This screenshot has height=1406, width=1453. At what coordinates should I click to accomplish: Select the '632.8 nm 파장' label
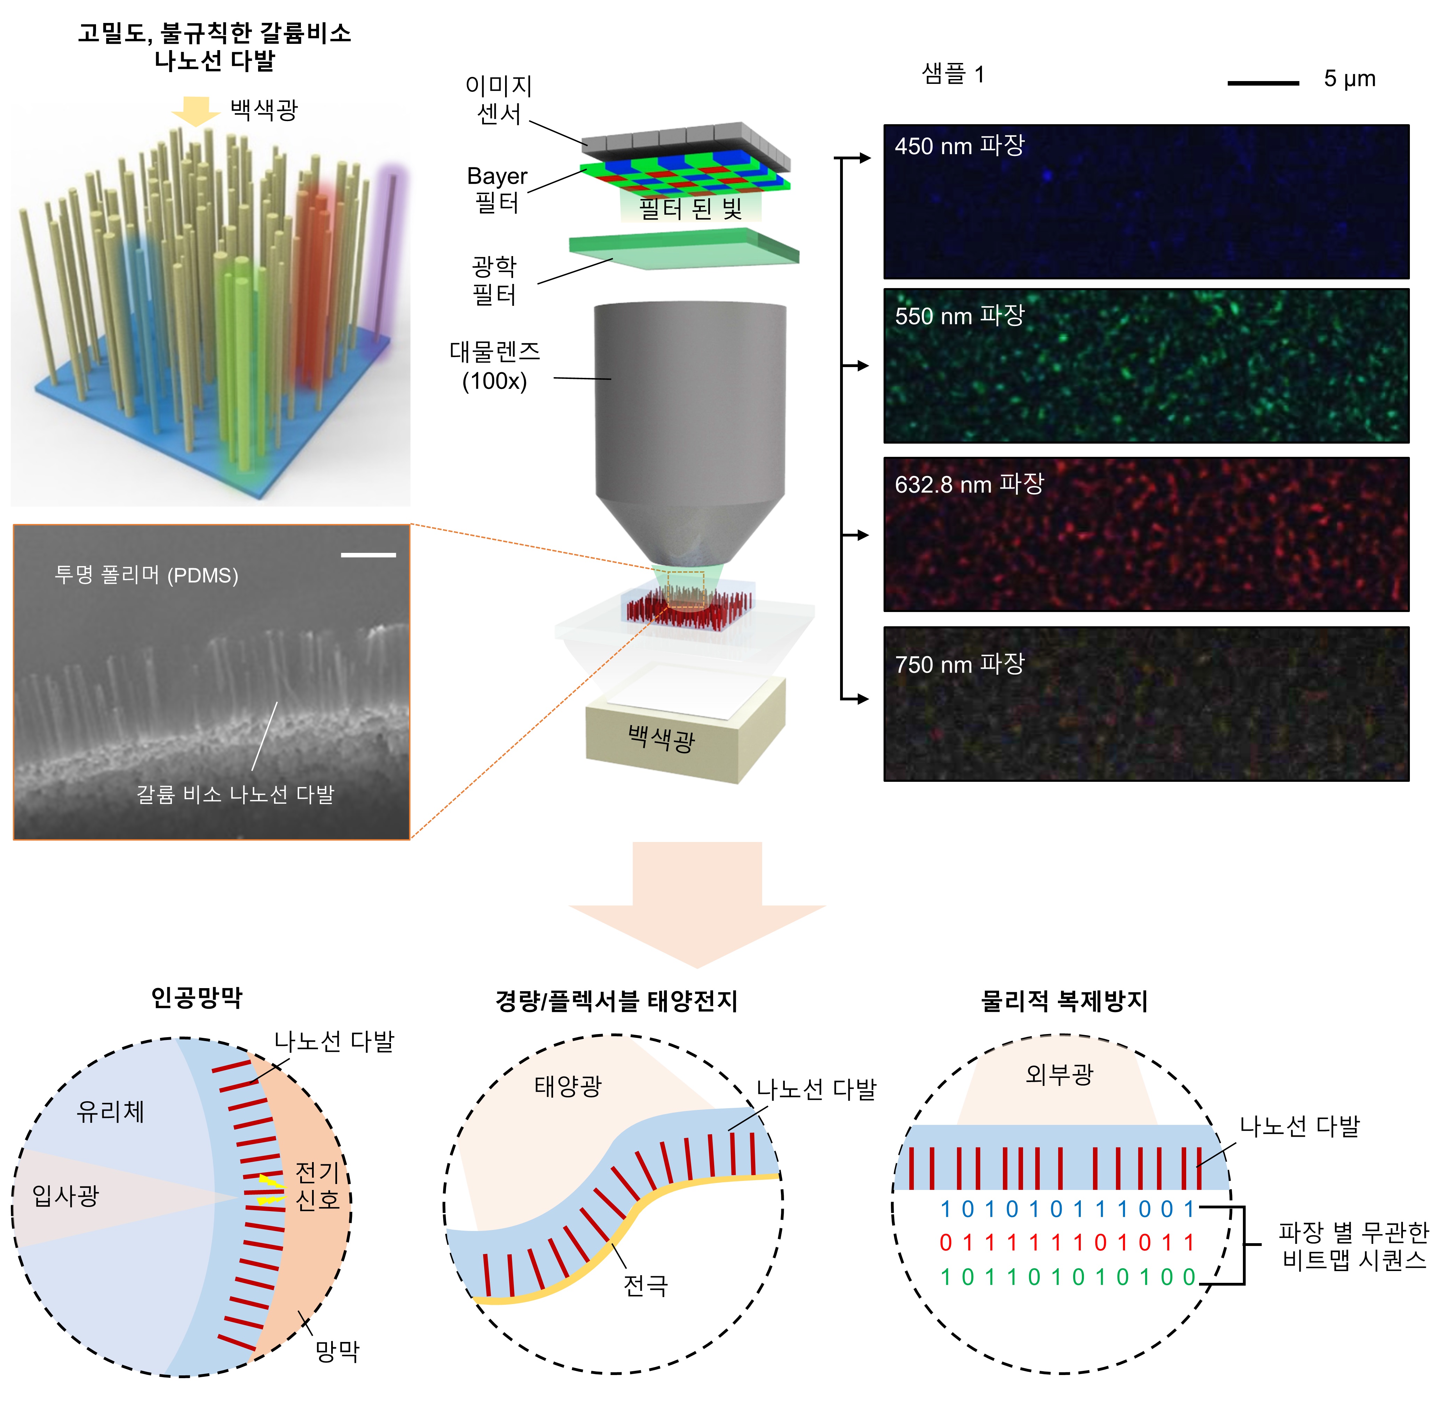click(x=969, y=484)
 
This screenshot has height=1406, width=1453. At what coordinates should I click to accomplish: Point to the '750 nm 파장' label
click(x=959, y=664)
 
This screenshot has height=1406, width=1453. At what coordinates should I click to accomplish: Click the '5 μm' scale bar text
click(x=1349, y=79)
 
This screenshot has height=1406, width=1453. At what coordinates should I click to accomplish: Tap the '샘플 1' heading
click(x=952, y=74)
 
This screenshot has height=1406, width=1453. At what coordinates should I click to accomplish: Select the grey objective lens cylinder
click(x=689, y=400)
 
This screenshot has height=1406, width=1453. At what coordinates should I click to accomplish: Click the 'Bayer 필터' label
click(x=497, y=189)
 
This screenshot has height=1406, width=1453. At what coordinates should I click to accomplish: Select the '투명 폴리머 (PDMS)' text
click(x=146, y=575)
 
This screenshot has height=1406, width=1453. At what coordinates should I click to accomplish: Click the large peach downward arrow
click(x=697, y=901)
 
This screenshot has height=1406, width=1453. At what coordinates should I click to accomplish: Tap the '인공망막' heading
click(x=197, y=998)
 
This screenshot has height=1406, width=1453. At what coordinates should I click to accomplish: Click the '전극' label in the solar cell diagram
click(x=645, y=1285)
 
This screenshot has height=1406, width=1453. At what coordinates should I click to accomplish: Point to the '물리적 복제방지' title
click(x=1064, y=1001)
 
